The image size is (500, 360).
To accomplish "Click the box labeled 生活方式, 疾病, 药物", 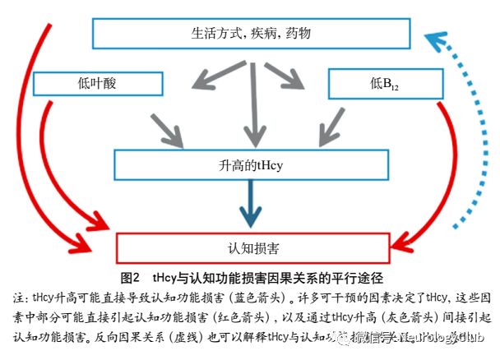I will pos(251,34).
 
